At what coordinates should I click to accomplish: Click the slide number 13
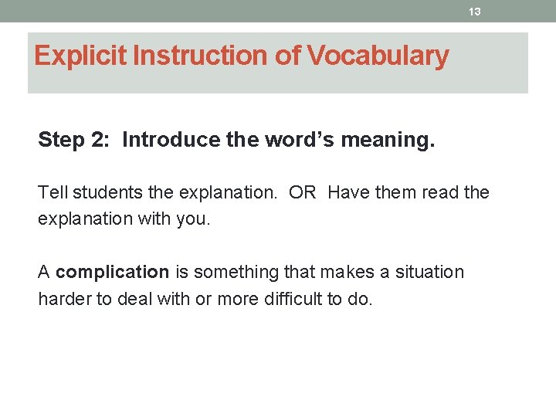tap(475, 12)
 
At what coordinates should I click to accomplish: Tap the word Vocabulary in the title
tap(378, 56)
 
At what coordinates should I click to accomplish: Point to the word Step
tap(60, 140)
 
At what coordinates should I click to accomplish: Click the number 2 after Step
tap(103, 140)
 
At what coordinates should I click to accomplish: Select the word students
tap(101, 192)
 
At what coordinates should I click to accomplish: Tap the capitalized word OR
tap(303, 192)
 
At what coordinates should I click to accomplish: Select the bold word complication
tap(113, 273)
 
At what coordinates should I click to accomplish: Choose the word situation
tap(429, 273)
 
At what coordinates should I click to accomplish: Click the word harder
tap(64, 299)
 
